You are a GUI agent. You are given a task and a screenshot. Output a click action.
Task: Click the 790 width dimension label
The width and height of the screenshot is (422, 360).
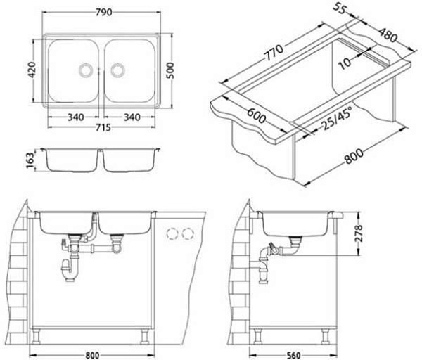click(103, 13)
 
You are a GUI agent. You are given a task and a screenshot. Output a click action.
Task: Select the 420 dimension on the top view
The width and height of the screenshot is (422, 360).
click(32, 70)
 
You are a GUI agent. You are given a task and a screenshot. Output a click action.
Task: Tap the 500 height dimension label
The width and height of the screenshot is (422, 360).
click(170, 70)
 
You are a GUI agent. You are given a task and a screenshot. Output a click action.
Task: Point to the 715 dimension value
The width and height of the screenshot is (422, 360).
click(103, 127)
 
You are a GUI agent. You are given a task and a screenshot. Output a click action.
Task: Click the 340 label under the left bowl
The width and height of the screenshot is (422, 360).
click(75, 117)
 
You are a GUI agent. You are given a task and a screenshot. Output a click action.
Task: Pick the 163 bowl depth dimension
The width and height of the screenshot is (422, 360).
click(30, 160)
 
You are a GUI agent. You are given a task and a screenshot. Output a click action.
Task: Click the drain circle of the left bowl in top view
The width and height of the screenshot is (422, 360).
click(86, 70)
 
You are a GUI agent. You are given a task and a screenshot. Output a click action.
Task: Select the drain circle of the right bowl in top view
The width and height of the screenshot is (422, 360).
click(117, 70)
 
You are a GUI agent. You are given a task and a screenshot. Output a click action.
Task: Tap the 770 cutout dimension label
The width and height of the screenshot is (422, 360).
click(274, 53)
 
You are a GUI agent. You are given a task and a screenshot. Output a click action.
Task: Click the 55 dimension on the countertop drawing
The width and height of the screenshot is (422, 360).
click(339, 9)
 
